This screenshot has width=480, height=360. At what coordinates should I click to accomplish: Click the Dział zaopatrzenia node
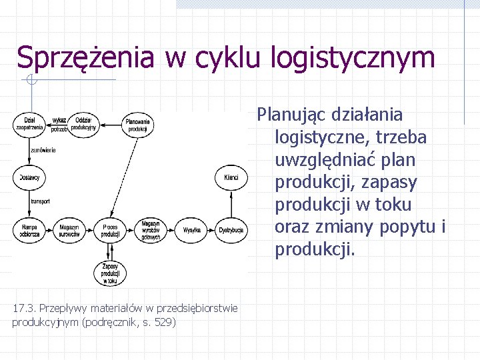(29, 123)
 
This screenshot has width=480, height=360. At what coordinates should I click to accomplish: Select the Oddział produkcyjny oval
(84, 123)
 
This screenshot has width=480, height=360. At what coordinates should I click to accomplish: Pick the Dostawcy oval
(29, 177)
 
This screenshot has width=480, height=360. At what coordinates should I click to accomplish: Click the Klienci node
(231, 177)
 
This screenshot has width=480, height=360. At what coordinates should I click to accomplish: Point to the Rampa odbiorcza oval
(29, 231)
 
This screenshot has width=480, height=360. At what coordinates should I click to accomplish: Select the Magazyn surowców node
(69, 231)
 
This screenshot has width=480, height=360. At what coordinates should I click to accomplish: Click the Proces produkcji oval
(111, 231)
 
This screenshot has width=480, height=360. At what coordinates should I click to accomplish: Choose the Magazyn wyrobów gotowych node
(150, 230)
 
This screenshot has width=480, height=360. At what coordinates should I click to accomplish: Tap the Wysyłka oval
(191, 231)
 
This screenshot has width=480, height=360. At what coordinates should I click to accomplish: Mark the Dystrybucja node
(231, 231)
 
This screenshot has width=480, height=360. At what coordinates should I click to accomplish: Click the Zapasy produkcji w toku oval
(111, 273)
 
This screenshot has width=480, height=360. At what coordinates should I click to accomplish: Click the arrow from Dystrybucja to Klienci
(231, 204)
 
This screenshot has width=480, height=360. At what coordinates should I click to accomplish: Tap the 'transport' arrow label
(40, 201)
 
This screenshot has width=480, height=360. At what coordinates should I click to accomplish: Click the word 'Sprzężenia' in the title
(86, 58)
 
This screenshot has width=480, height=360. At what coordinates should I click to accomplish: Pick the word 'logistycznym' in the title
(353, 58)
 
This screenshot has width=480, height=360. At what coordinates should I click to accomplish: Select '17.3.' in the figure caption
(23, 308)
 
